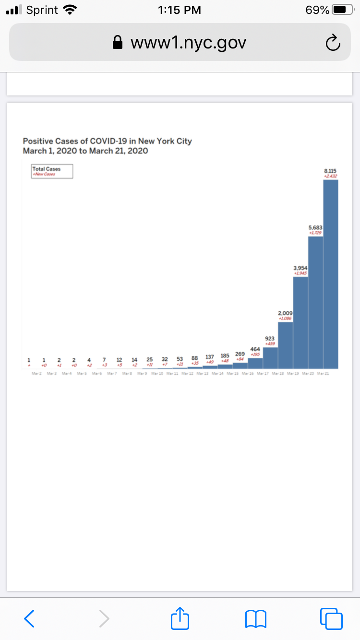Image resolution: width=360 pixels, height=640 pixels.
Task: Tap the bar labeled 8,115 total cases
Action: click(x=331, y=273)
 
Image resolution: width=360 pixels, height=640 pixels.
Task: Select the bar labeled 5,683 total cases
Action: click(x=315, y=302)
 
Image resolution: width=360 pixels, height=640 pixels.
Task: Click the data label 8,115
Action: click(x=330, y=170)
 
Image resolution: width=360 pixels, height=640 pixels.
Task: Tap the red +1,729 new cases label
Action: click(x=315, y=233)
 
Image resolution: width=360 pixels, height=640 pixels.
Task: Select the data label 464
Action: click(x=255, y=349)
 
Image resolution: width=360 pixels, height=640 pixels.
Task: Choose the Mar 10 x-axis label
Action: click(x=157, y=373)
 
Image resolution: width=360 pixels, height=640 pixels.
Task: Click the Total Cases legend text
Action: click(x=43, y=169)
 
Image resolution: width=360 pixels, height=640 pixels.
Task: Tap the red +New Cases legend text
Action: click(x=44, y=174)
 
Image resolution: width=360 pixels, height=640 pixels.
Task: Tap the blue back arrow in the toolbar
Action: click(x=29, y=618)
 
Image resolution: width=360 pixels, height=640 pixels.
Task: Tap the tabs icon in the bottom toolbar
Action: click(x=331, y=618)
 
